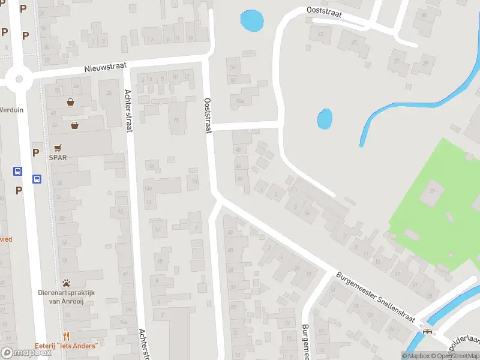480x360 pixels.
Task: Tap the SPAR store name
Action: click(x=58, y=158)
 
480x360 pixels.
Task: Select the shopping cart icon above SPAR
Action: click(x=58, y=147)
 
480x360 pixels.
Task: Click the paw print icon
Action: click(x=65, y=283)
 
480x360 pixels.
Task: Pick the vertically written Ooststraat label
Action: click(x=208, y=116)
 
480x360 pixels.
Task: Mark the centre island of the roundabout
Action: click(x=19, y=78)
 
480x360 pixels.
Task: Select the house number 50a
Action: click(x=240, y=101)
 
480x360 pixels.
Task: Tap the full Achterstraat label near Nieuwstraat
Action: click(x=127, y=109)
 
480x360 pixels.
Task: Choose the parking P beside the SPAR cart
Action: click(x=35, y=152)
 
